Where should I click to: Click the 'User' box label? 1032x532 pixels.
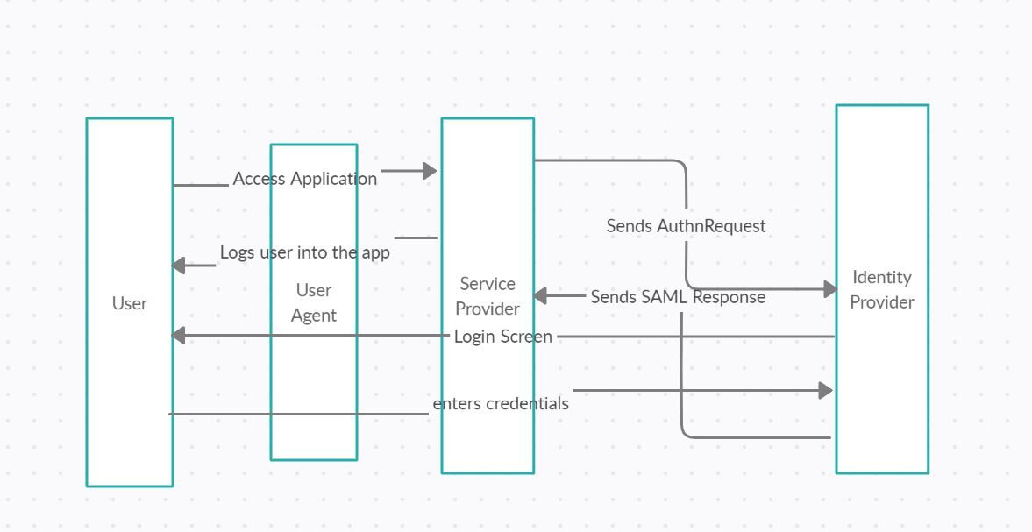point(129,303)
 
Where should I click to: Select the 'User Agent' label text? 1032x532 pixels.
point(313,302)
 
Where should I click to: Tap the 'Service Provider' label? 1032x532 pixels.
point(487,296)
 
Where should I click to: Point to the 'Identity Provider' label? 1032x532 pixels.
point(881,289)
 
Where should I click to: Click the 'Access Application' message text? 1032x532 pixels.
point(304,179)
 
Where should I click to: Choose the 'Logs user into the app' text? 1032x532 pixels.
point(304,252)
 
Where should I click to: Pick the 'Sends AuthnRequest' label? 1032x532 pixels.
point(686,226)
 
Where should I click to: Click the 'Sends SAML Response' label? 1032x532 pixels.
point(677,297)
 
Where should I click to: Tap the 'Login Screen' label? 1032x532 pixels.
point(502,337)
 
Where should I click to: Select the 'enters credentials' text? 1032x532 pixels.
point(500,403)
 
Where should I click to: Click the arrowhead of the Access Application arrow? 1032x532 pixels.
point(430,171)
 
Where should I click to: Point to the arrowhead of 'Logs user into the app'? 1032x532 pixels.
point(178,266)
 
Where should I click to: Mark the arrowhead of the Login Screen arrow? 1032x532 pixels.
point(178,335)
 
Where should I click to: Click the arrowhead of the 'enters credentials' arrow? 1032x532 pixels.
point(825,391)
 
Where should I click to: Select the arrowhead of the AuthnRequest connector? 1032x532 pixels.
point(831,289)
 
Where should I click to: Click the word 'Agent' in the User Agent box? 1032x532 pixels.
point(313,316)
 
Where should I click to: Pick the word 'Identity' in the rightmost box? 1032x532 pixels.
point(881,277)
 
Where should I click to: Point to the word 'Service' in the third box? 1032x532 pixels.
point(487,284)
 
